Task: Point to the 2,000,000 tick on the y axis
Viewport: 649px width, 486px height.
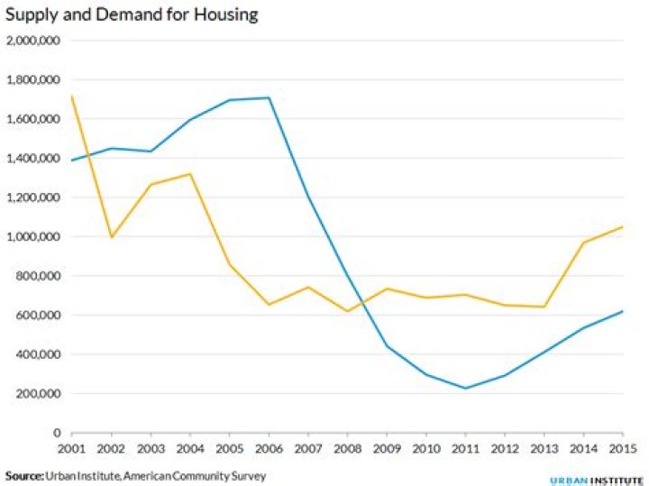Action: [33, 41]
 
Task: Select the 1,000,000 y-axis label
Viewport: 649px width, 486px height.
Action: [33, 237]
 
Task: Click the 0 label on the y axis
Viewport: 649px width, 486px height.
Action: [56, 433]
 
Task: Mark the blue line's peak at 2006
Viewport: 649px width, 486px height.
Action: [269, 97]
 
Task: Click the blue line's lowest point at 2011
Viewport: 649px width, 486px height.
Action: [465, 389]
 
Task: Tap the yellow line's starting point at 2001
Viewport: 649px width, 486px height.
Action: [71, 96]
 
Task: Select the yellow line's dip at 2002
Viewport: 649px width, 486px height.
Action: [111, 237]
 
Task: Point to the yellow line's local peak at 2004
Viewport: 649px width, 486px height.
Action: [189, 174]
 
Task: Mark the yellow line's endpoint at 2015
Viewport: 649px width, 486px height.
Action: [623, 226]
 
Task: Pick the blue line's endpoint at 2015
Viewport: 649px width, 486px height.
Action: [623, 311]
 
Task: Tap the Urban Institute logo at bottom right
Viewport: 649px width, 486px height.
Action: [596, 479]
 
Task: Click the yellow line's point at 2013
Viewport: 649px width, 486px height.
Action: [544, 307]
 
